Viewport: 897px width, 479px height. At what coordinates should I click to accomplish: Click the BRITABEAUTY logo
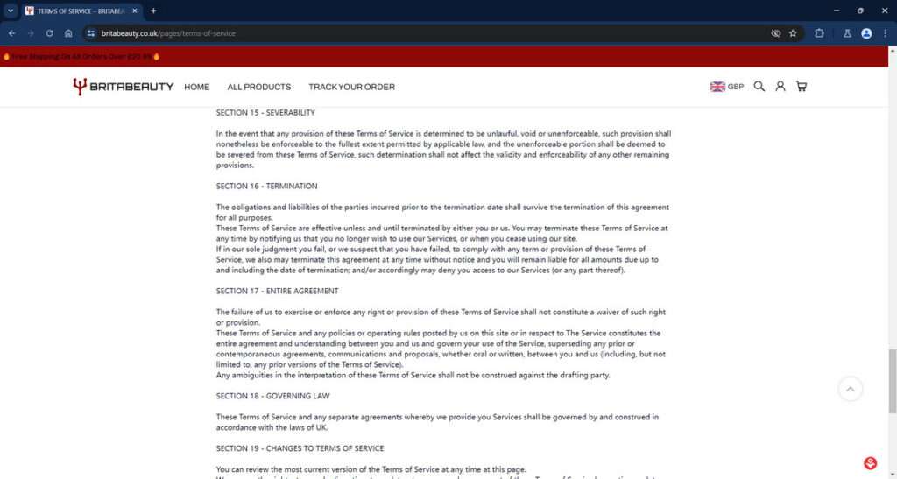tap(123, 87)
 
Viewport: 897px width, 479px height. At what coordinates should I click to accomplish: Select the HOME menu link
tap(197, 87)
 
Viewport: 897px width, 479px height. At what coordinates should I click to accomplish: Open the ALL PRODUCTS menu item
tap(258, 87)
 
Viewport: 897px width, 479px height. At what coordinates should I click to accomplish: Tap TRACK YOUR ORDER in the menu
tap(351, 87)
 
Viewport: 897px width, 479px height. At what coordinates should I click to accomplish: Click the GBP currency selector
tap(727, 87)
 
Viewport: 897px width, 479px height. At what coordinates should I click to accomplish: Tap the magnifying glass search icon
tap(759, 87)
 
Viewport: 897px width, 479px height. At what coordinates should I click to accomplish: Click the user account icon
tap(780, 87)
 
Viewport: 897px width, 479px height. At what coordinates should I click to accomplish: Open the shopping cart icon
tap(802, 87)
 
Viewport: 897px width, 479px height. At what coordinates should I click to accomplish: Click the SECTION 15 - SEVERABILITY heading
tap(265, 113)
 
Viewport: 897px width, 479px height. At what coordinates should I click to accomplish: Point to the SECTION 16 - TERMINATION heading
tap(267, 187)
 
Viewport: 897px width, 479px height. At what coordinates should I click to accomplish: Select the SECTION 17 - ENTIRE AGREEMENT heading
tap(277, 292)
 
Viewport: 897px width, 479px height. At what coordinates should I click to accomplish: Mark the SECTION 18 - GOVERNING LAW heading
tap(273, 397)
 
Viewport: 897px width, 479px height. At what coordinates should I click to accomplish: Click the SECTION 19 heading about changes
tap(300, 449)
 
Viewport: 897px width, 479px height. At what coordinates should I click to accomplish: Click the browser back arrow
tap(11, 33)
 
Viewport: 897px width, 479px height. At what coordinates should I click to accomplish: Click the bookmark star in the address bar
tap(793, 33)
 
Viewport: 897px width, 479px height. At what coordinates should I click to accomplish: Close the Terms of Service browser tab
tap(134, 11)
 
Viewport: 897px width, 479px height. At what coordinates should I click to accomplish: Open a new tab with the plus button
tap(153, 11)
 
